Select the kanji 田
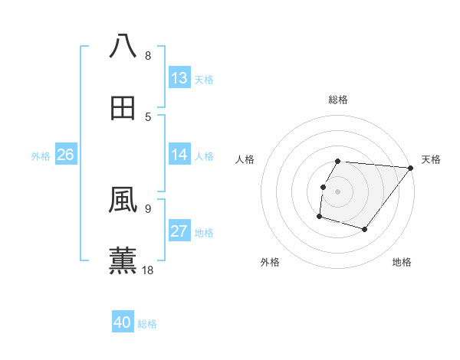pos(123,108)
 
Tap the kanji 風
pos(123,200)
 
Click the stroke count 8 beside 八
pos(148,55)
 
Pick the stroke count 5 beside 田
pos(148,116)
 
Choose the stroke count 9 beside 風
pos(148,208)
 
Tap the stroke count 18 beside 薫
pos(149,270)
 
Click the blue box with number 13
pos(179,78)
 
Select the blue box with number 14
pos(179,155)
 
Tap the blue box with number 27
pos(179,231)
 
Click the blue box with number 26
pos(65,155)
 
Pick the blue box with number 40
pos(123,323)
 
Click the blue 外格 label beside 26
pos(41,156)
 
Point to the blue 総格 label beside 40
pos(148,324)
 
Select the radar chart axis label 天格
pos(431,159)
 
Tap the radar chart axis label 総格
pos(338,100)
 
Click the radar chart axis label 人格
pos(245,159)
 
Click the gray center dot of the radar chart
pos(338,191)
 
